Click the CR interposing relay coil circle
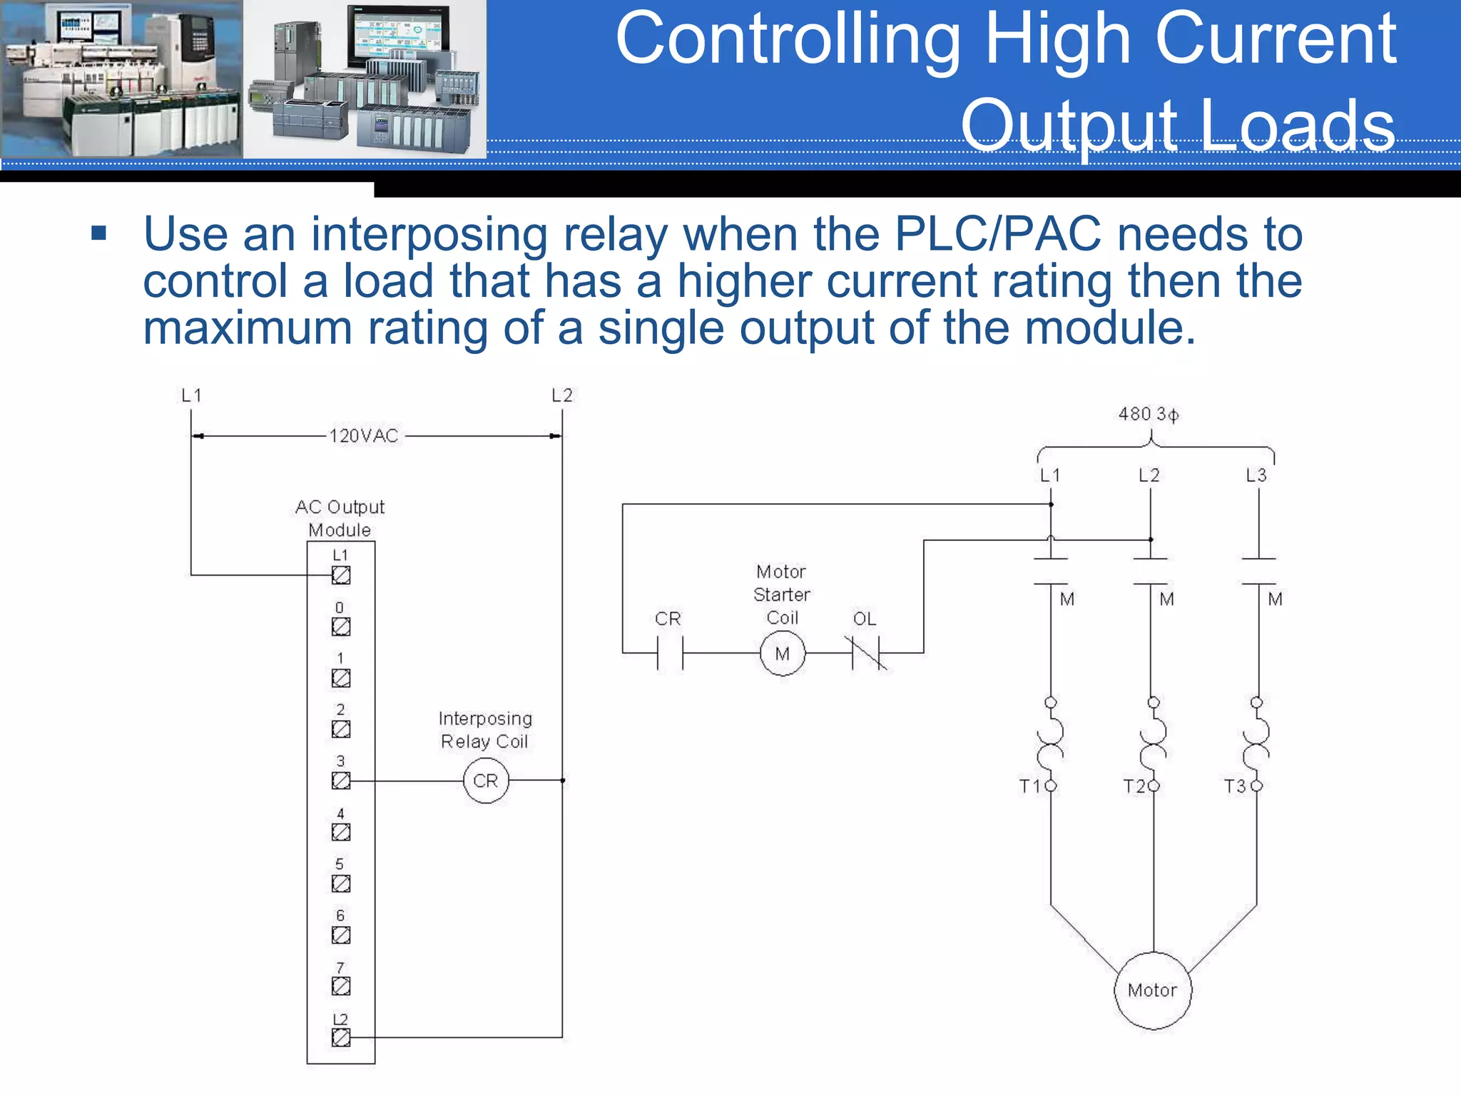[x=486, y=781]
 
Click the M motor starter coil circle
[x=783, y=653]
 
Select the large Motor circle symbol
[x=1153, y=990]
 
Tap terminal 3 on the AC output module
[x=341, y=781]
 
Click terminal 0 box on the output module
[x=341, y=626]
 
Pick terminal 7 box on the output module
[x=341, y=986]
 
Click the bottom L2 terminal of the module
[x=341, y=1037]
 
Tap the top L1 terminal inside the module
[x=341, y=575]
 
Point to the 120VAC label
[x=364, y=436]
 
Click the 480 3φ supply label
[x=1149, y=414]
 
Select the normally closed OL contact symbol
[x=867, y=653]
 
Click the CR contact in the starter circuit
[x=670, y=653]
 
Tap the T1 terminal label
[x=1030, y=786]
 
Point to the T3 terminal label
[x=1235, y=786]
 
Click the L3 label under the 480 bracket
[x=1256, y=475]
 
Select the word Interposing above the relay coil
[x=485, y=719]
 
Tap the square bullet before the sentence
[x=99, y=233]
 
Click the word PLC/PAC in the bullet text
[x=998, y=234]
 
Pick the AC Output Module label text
[x=340, y=518]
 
